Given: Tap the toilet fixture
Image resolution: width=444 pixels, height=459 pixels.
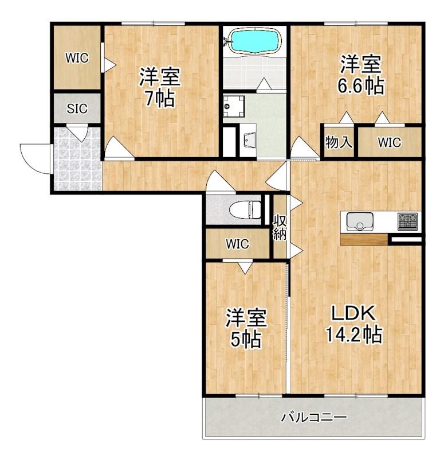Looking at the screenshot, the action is click(245, 210).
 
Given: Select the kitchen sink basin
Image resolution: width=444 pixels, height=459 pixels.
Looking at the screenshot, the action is click(359, 221).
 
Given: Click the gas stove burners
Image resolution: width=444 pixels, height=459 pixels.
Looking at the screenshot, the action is click(407, 221).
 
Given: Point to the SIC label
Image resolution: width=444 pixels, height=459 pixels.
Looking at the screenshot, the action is click(77, 109).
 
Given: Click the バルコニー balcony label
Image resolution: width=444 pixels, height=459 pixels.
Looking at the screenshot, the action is click(314, 417).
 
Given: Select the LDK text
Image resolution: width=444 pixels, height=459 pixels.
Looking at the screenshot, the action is click(353, 313).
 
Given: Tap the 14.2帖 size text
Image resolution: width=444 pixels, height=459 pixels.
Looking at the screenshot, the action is click(353, 334).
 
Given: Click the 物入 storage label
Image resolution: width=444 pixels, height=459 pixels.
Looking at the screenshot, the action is click(338, 142).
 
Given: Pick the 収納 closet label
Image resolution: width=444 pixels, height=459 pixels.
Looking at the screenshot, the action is click(280, 228).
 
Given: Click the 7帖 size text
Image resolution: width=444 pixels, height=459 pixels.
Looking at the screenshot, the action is click(160, 99).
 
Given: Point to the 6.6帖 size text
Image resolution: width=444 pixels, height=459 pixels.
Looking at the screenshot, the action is click(360, 85).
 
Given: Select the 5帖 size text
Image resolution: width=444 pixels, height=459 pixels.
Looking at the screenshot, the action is click(246, 339).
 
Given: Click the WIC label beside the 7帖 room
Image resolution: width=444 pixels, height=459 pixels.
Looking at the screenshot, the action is click(77, 58).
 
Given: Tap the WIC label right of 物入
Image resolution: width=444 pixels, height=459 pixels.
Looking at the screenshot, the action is click(389, 142).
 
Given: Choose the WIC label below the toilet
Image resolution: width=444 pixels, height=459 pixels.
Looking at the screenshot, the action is click(238, 244).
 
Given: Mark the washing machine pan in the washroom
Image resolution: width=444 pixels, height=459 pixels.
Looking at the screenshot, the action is click(234, 106).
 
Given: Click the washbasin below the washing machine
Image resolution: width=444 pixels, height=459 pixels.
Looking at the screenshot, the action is click(248, 140).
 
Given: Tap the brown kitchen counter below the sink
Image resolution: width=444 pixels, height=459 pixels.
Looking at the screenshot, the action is click(364, 239).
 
